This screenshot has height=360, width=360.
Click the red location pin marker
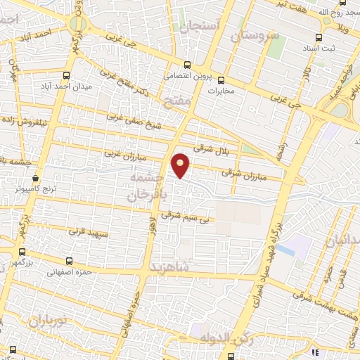pos(181,165)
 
